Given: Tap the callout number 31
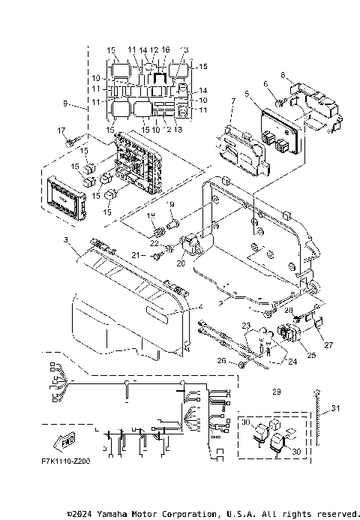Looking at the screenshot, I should pos(335,407).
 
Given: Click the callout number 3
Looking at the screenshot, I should pos(66,239).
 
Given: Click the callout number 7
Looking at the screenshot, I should pos(233,101).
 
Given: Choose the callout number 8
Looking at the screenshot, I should pos(283,75).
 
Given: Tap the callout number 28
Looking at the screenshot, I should pos(289,309).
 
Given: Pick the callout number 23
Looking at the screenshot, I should pos(244,325).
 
